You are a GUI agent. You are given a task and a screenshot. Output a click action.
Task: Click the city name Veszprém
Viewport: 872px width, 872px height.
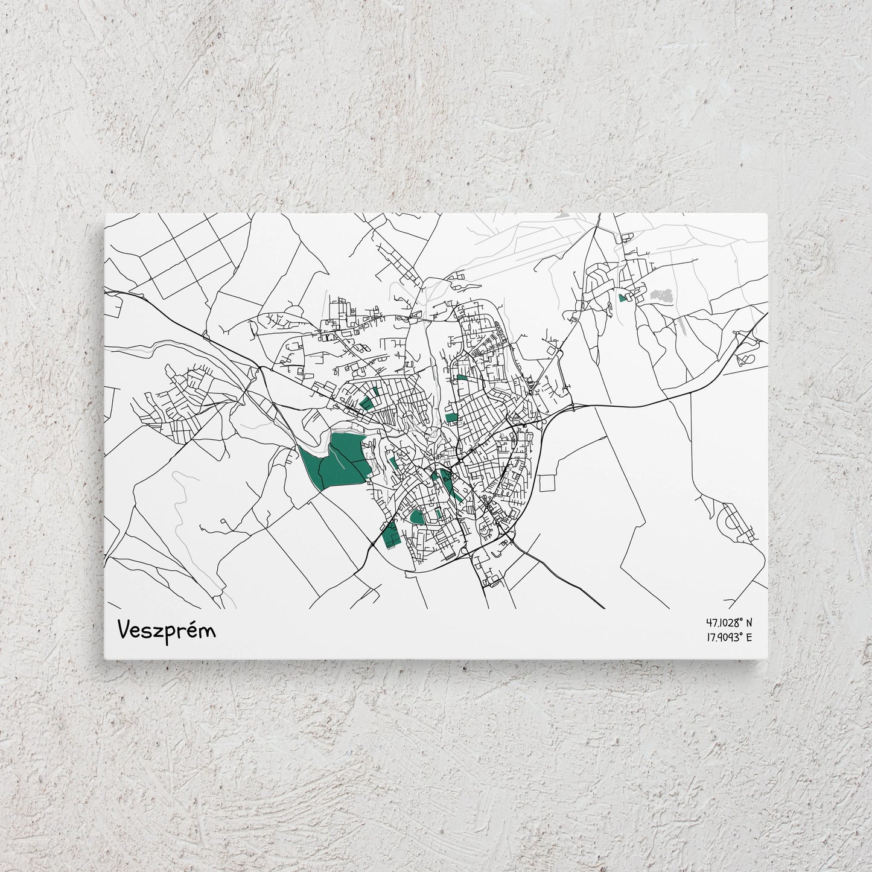[167, 630]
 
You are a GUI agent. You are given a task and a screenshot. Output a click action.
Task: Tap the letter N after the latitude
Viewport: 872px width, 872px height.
[749, 622]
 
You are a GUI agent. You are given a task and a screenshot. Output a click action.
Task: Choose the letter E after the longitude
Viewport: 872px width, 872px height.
[749, 637]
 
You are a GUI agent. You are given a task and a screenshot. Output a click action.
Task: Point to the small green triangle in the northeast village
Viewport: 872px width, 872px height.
[623, 297]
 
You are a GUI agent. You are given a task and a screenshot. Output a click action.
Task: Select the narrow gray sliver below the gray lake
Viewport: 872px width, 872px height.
[682, 326]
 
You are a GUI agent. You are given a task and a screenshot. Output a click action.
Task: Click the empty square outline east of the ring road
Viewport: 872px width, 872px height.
[550, 483]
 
